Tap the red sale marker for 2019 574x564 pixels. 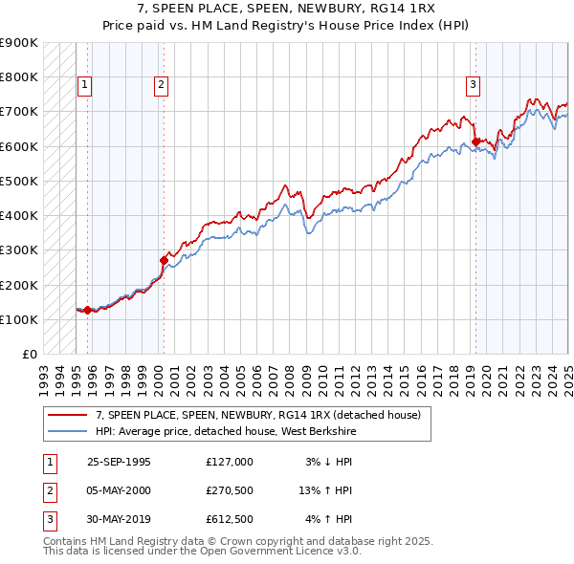(x=475, y=142)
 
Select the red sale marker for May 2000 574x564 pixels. (x=164, y=260)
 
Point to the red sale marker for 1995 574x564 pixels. (x=87, y=310)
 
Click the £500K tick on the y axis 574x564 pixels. (x=19, y=181)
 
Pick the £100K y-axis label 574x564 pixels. (x=19, y=319)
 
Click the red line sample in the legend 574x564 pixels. (x=68, y=415)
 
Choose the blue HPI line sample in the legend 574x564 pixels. (x=68, y=432)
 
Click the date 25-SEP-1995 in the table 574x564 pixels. (x=119, y=462)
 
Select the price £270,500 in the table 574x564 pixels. (x=229, y=490)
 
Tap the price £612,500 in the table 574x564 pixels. (x=229, y=519)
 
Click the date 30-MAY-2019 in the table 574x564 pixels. (x=119, y=519)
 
